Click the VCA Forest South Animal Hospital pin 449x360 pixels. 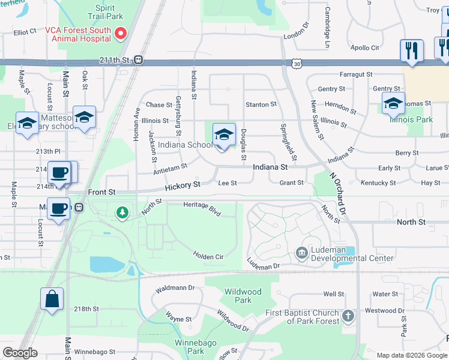coord(121,34)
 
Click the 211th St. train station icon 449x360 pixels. coord(139,59)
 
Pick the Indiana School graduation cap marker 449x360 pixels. coord(224,135)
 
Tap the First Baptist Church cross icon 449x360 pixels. coord(348,316)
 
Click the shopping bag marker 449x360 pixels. coord(52,299)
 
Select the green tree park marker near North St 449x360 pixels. coord(122,212)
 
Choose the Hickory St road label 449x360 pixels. coord(182,186)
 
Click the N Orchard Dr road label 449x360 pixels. coord(338,195)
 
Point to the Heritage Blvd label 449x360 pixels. coord(202,209)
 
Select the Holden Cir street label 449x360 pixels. coord(208,256)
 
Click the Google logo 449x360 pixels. coord(20,353)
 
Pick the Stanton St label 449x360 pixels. coord(261,104)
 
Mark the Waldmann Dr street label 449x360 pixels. coord(175,289)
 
